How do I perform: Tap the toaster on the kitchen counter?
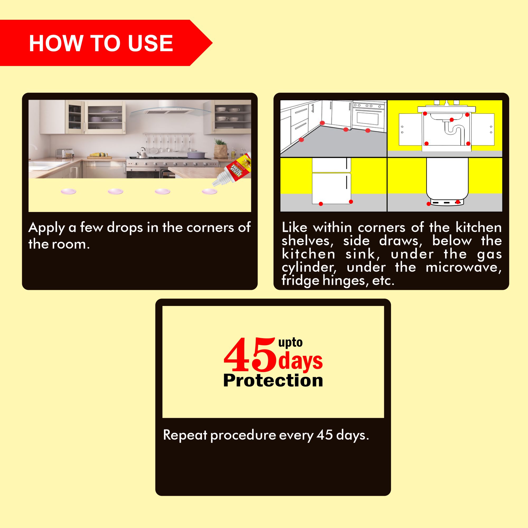tap(64, 153)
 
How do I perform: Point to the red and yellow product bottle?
tap(232, 171)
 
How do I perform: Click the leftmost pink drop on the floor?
tap(68, 191)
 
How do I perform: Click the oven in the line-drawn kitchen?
tap(368, 116)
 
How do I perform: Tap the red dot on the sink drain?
tap(451, 120)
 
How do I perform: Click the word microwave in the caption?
tap(464, 267)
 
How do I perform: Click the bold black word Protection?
tap(273, 380)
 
